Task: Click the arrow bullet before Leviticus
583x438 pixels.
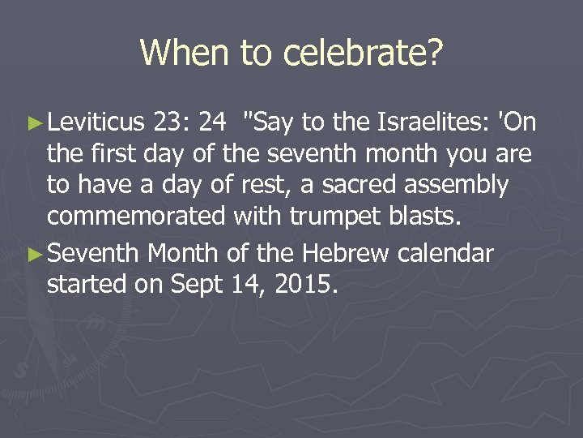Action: coord(33,123)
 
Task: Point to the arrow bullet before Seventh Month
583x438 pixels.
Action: coord(33,255)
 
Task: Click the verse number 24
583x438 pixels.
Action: coord(212,122)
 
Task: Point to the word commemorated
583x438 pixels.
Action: coord(138,217)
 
